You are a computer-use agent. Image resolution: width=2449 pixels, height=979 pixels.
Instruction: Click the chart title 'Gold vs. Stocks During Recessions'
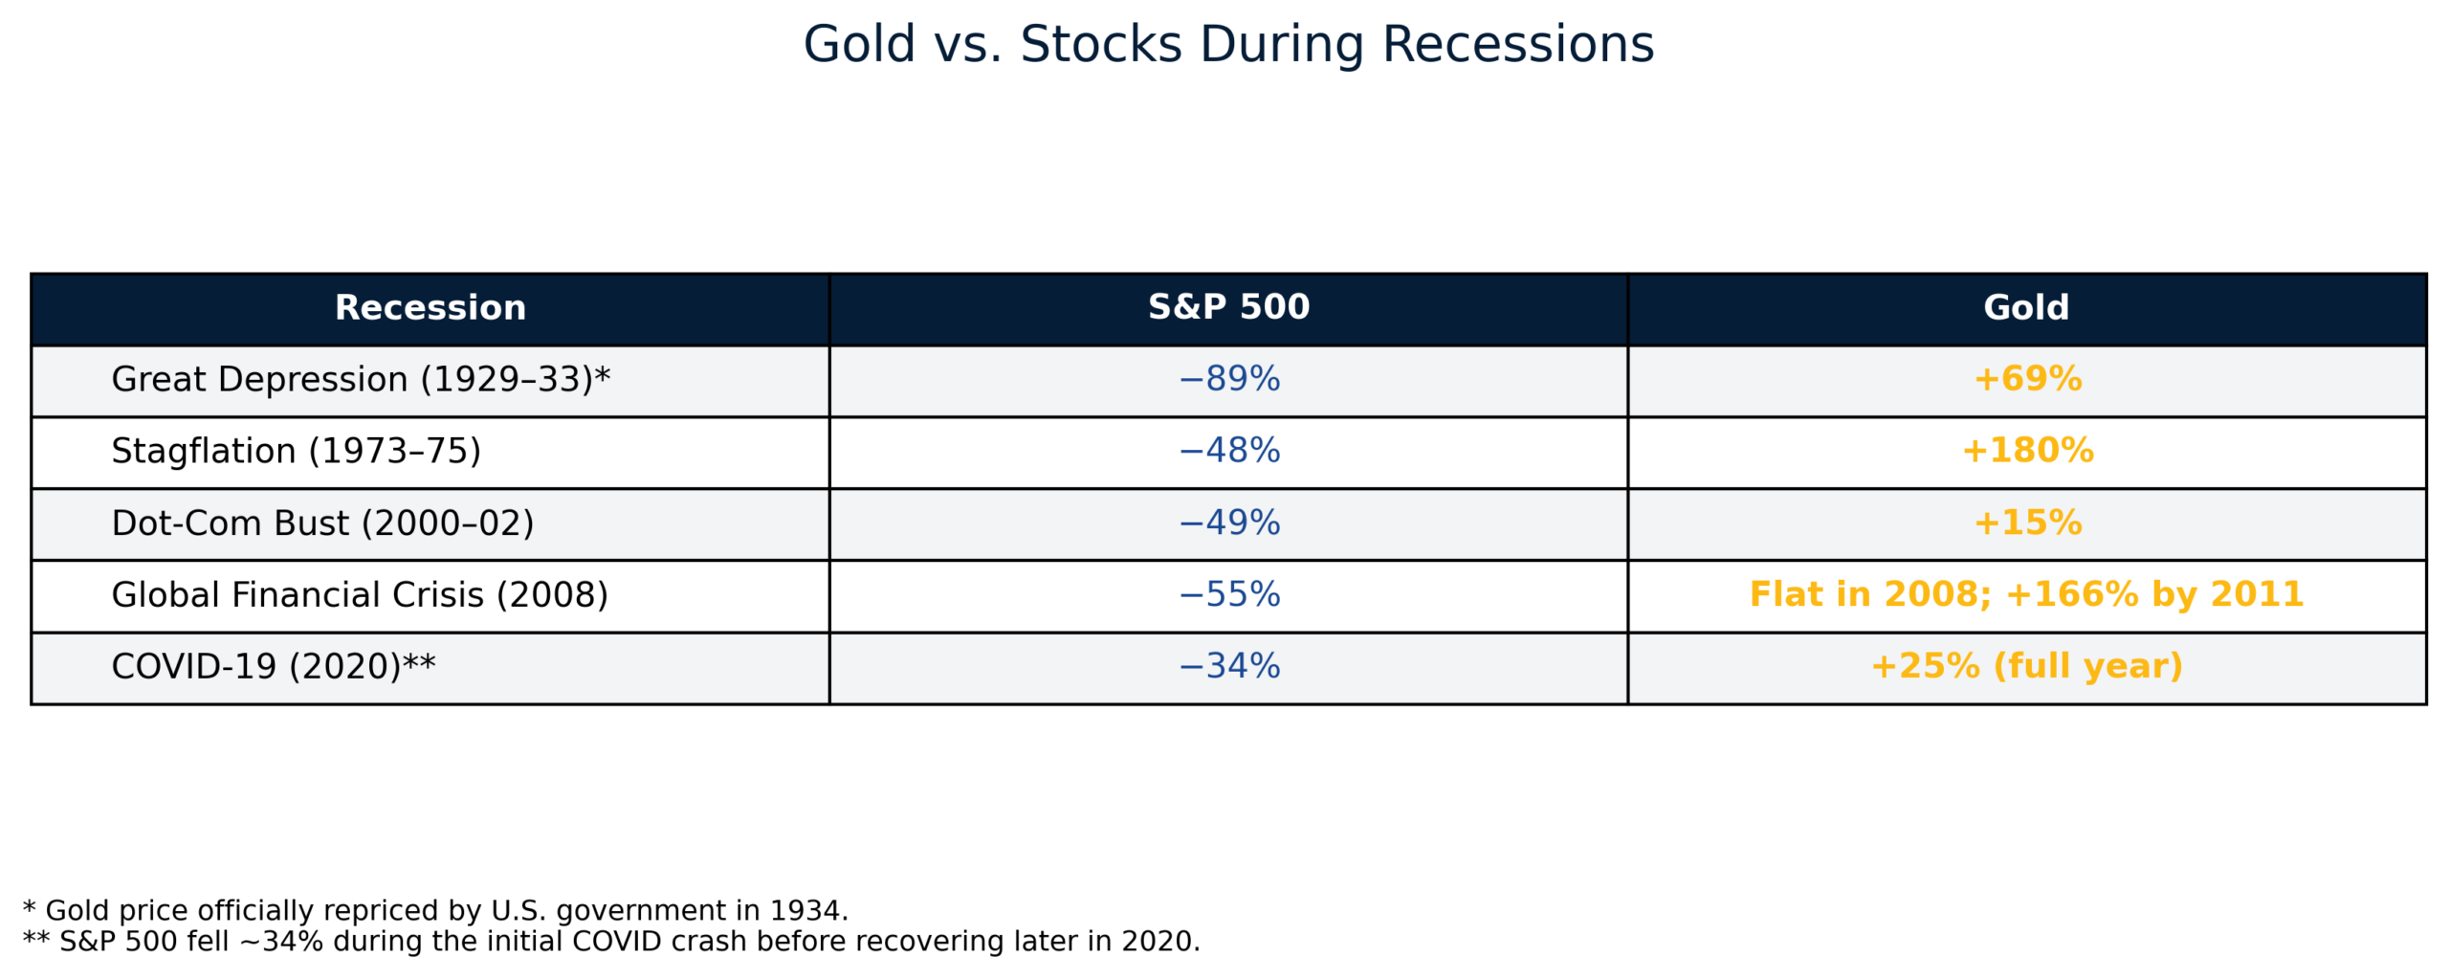pyautogui.click(x=1227, y=45)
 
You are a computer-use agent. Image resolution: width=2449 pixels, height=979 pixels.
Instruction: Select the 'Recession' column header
pyautogui.click(x=430, y=307)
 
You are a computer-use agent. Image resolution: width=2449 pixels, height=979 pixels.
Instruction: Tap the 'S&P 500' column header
pyautogui.click(x=1227, y=307)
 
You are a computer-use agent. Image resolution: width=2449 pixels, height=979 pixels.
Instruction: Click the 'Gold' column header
pyautogui.click(x=2025, y=307)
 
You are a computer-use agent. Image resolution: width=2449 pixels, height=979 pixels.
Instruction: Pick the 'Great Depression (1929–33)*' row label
pyautogui.click(x=360, y=379)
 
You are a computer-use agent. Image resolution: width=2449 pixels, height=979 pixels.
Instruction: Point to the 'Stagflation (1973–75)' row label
pyautogui.click(x=296, y=451)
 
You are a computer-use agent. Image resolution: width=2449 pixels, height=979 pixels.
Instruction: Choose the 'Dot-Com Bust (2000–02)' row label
pyautogui.click(x=322, y=523)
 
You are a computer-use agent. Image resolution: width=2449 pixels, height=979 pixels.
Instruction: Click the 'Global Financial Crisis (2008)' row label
pyautogui.click(x=359, y=594)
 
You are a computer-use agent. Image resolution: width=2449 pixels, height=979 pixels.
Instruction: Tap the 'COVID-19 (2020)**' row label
pyautogui.click(x=273, y=666)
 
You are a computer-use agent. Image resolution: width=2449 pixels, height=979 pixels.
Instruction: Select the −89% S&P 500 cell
pyautogui.click(x=1227, y=379)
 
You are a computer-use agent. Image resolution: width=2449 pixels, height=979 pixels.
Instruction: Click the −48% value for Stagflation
pyautogui.click(x=1227, y=451)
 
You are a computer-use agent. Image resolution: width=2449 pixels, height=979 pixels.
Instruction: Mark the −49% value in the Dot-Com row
pyautogui.click(x=1227, y=523)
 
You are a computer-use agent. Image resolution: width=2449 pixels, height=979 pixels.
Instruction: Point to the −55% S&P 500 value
pyautogui.click(x=1227, y=594)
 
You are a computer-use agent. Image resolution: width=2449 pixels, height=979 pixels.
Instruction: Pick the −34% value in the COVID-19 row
pyautogui.click(x=1227, y=666)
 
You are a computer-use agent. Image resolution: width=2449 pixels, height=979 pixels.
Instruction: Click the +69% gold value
pyautogui.click(x=2026, y=379)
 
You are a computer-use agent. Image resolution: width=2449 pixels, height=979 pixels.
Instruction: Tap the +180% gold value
pyautogui.click(x=2026, y=451)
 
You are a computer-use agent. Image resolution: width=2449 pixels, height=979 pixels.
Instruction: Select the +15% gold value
pyautogui.click(x=2026, y=523)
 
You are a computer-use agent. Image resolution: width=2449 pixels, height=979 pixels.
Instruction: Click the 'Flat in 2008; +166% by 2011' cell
pyautogui.click(x=2025, y=594)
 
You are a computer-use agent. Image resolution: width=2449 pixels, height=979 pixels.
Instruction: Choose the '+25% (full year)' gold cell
pyautogui.click(x=2025, y=666)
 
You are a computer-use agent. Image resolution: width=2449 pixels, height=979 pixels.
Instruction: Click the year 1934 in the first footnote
pyautogui.click(x=805, y=910)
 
